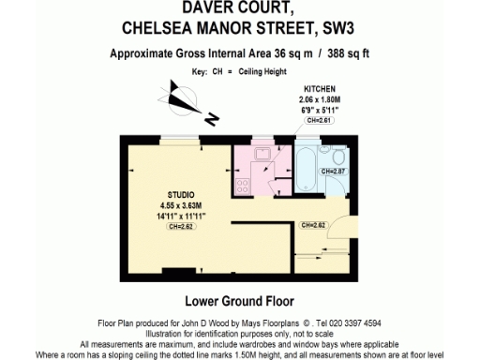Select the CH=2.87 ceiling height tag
[335, 171]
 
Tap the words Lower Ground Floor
[240, 302]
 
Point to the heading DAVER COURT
[240, 8]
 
